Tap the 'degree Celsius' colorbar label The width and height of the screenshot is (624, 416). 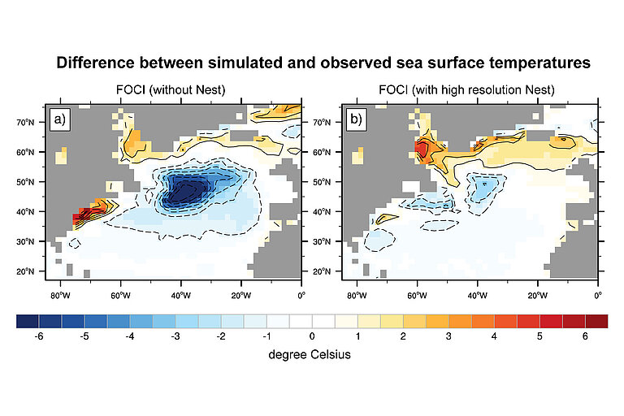[311, 355]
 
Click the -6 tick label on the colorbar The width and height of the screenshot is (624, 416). [38, 336]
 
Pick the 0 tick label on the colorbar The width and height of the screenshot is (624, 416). [312, 336]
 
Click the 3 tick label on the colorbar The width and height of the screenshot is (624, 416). [448, 336]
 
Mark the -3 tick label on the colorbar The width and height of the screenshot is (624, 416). [175, 336]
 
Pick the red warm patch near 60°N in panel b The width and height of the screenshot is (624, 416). [423, 149]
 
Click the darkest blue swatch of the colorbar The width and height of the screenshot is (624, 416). [28, 322]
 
